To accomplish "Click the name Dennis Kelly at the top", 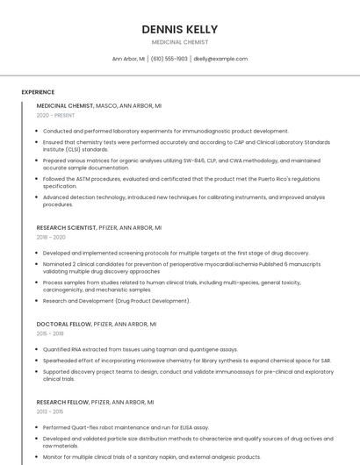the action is pyautogui.click(x=179, y=30).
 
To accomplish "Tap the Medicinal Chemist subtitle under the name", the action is pyautogui.click(x=179, y=42).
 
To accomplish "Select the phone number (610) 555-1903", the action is pyautogui.click(x=169, y=59).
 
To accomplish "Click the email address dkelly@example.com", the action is pyautogui.click(x=220, y=59).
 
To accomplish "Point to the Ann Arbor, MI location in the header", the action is pyautogui.click(x=129, y=59).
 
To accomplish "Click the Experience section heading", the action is pyautogui.click(x=38, y=92).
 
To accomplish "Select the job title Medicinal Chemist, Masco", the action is pyautogui.click(x=98, y=105).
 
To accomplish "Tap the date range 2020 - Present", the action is pyautogui.click(x=55, y=115).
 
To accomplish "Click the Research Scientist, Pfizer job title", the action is pyautogui.click(x=98, y=227).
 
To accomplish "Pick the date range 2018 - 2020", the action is pyautogui.click(x=51, y=237).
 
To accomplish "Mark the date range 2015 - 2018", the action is pyautogui.click(x=50, y=333).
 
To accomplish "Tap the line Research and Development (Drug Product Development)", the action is pyautogui.click(x=116, y=301).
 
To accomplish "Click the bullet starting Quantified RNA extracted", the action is pyautogui.click(x=140, y=349).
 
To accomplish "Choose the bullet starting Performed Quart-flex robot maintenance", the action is pyautogui.click(x=132, y=427).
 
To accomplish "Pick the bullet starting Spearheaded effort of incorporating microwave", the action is pyautogui.click(x=186, y=360).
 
